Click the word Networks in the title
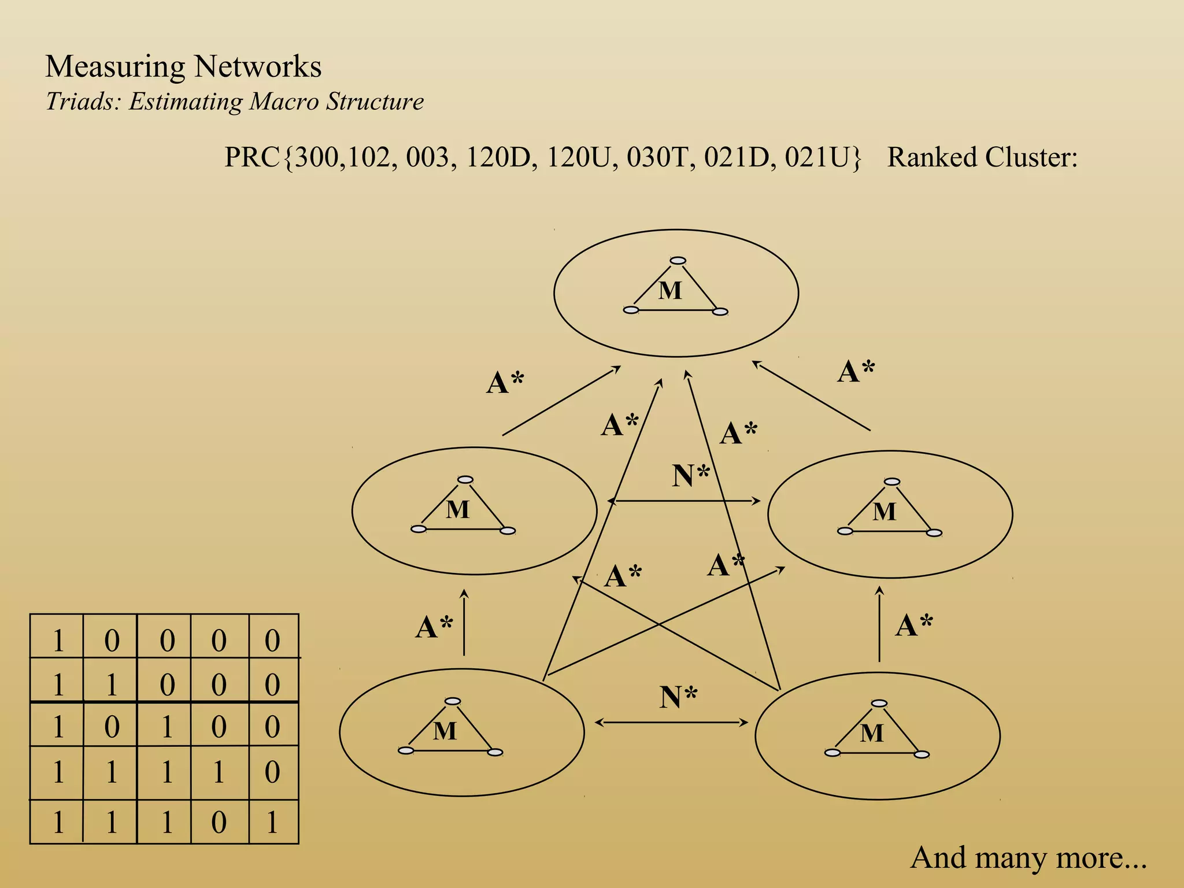[258, 66]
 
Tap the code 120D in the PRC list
[498, 157]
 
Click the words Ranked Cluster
[982, 157]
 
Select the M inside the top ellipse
[670, 290]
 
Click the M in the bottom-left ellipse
[445, 731]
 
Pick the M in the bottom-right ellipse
[871, 734]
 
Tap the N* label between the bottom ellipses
[678, 697]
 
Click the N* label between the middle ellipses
[691, 476]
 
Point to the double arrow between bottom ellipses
[671, 722]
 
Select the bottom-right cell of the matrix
[273, 822]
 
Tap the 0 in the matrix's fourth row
[273, 772]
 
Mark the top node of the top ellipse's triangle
[678, 261]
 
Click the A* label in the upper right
[856, 371]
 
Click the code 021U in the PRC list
[822, 157]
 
